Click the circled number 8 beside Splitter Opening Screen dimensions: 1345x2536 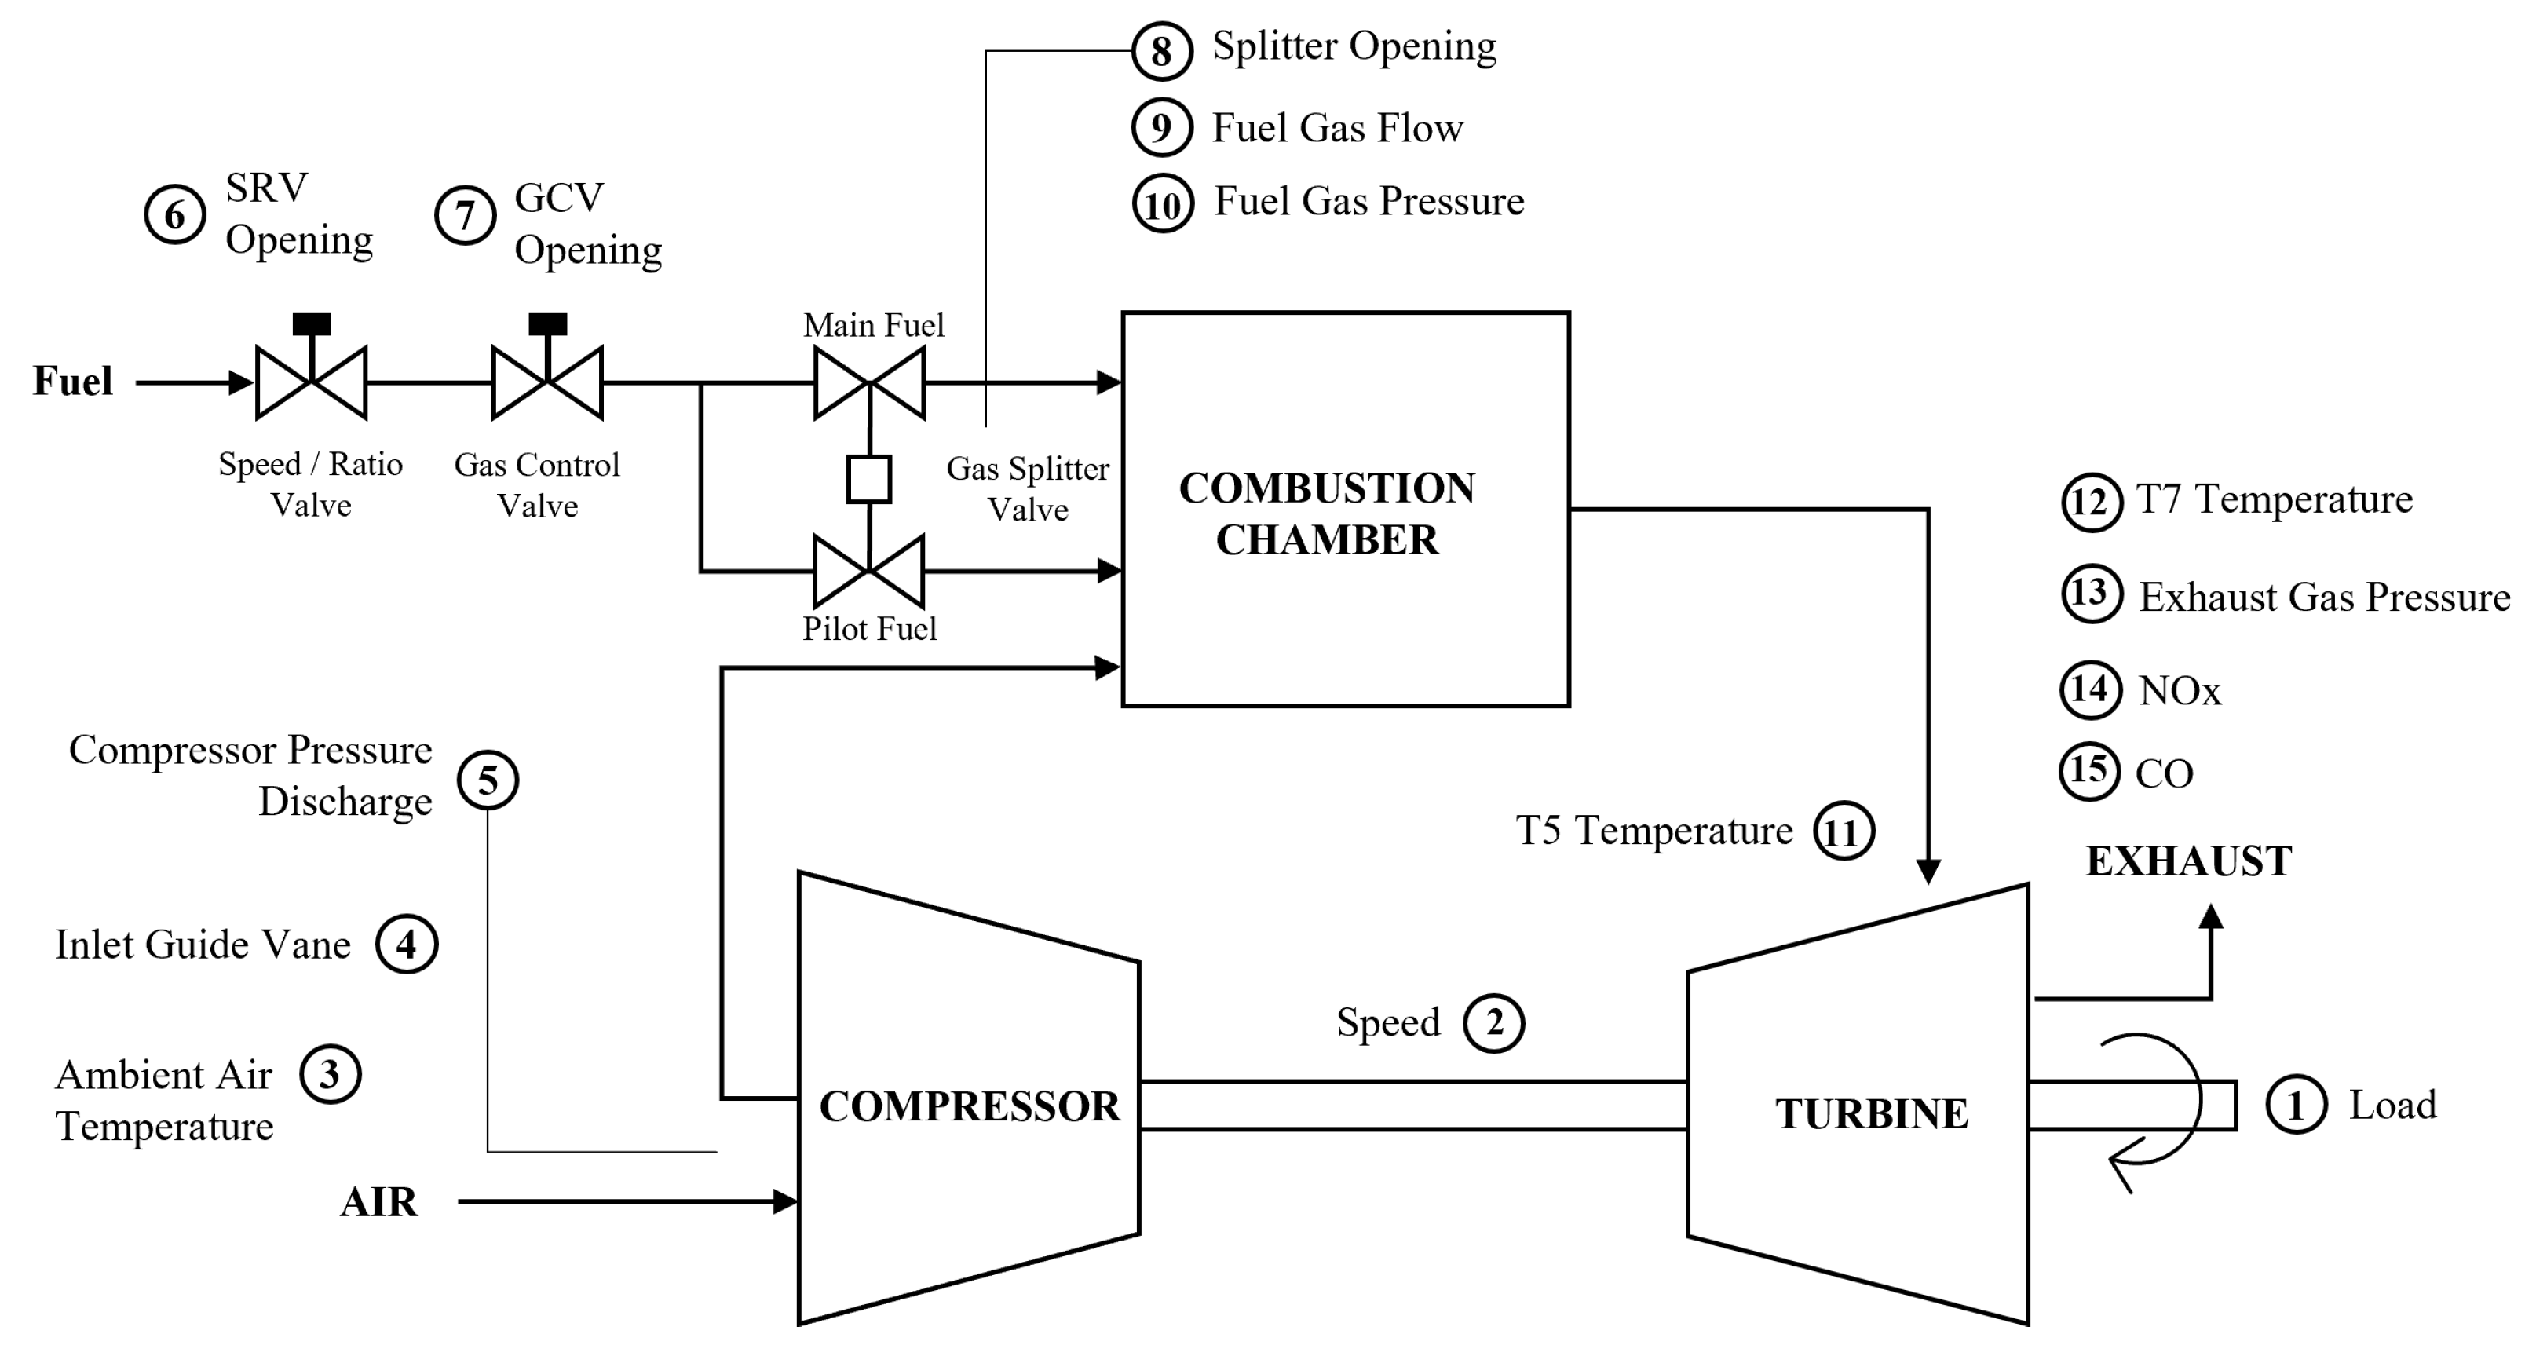point(1162,50)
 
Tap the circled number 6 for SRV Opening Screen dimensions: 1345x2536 point(174,214)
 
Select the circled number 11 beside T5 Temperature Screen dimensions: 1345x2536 point(1843,832)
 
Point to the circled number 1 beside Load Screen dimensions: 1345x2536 point(2296,1105)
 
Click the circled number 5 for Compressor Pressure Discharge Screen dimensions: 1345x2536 point(488,780)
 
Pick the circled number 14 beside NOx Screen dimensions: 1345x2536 point(2090,689)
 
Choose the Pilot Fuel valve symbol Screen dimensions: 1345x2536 point(868,570)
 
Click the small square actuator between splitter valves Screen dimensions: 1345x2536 point(869,480)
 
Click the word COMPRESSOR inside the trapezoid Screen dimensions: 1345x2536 point(969,1107)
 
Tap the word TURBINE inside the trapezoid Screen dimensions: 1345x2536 point(1872,1113)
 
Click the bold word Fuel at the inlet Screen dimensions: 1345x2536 point(73,381)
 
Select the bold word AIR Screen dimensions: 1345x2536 point(379,1202)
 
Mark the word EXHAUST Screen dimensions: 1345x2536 point(2187,861)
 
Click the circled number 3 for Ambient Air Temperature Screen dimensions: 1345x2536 point(330,1074)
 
